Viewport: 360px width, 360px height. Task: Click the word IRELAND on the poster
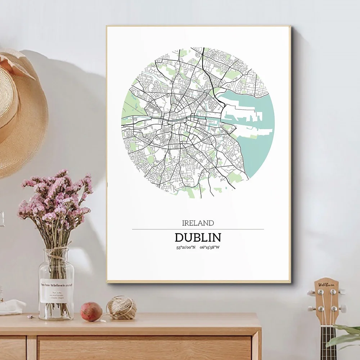[198, 223]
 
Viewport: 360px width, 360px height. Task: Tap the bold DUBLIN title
[198, 238]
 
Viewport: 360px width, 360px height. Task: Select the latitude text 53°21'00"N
[186, 247]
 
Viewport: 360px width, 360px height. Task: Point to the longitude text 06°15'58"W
[210, 247]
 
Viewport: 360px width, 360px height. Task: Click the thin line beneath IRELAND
[198, 229]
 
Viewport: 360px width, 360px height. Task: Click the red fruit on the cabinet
[91, 311]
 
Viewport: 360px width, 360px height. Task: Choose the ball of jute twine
[121, 308]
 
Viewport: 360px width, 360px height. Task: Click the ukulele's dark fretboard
[328, 342]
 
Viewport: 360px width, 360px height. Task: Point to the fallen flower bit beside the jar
[31, 316]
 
